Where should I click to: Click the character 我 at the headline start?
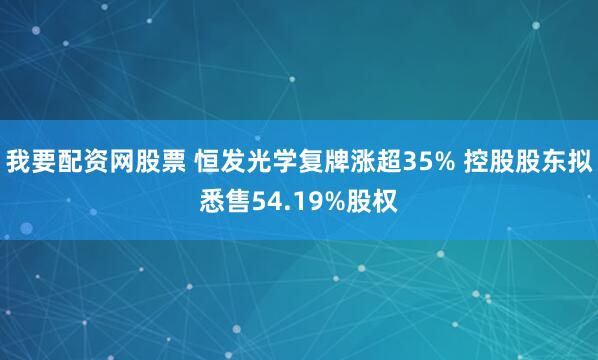[x=19, y=160]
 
